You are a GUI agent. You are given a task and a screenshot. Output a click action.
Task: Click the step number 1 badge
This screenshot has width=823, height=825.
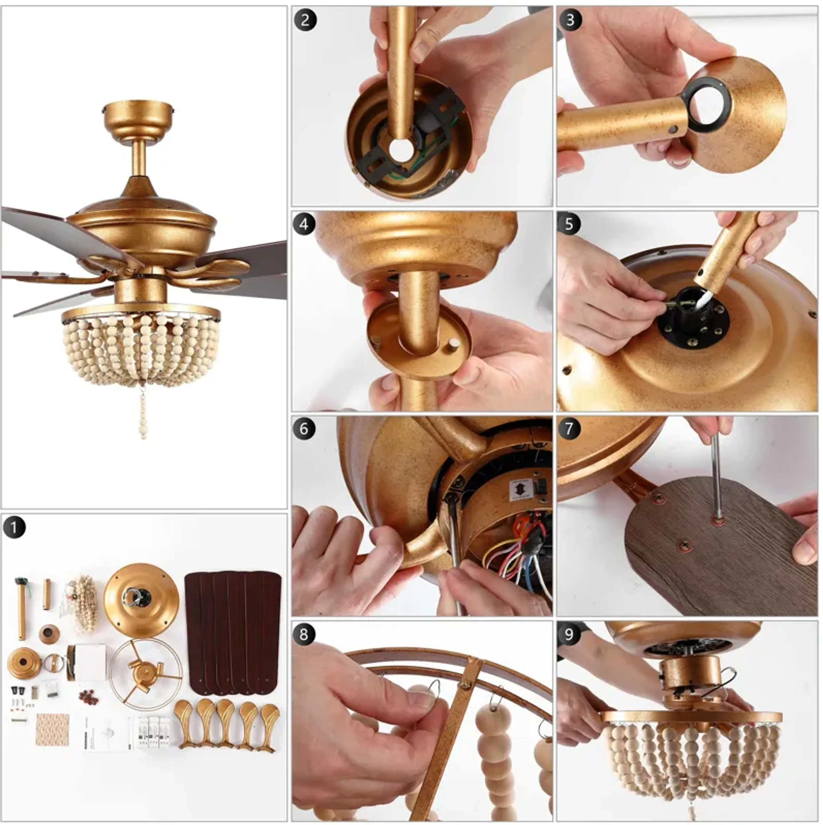click(x=14, y=527)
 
